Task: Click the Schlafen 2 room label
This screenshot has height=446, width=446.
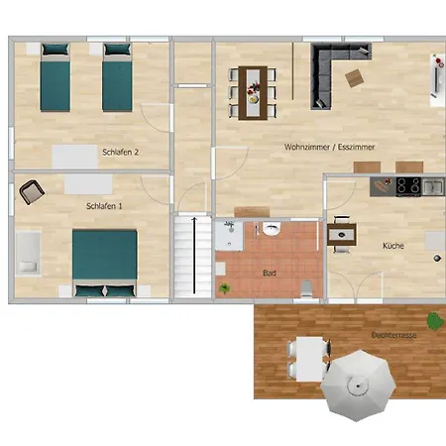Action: (x=120, y=152)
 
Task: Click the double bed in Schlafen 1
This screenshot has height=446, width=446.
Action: (x=104, y=263)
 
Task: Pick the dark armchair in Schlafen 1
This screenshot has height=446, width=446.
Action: (x=32, y=190)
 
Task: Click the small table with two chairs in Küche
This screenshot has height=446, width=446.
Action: (x=343, y=235)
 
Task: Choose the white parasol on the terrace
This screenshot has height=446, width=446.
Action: (x=360, y=386)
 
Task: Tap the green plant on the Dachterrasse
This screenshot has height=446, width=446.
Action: (x=434, y=320)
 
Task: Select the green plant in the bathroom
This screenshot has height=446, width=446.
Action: (x=225, y=288)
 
